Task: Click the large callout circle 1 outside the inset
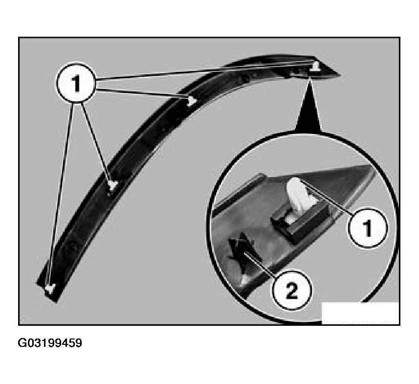point(76,83)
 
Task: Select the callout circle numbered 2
point(291,290)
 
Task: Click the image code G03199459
point(50,343)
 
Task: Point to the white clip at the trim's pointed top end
point(315,67)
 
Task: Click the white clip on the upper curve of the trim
point(191,101)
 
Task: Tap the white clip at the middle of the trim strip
point(113,185)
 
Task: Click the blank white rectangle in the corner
point(360,313)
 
